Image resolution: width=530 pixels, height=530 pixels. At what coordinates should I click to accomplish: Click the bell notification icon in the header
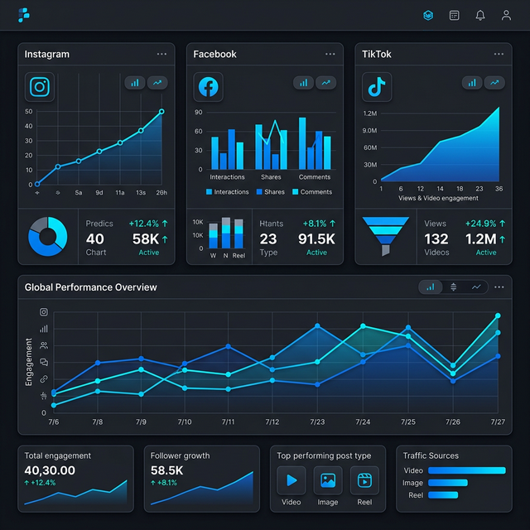coord(480,15)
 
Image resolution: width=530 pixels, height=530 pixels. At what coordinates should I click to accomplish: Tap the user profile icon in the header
coord(506,15)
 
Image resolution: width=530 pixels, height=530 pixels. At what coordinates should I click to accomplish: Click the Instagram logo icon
coord(39,87)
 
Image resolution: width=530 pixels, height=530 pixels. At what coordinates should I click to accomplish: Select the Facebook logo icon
coord(208,87)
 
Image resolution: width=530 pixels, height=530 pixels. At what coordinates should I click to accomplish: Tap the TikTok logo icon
coord(377,87)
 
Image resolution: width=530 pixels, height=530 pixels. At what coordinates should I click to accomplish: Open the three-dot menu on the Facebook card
coord(330,54)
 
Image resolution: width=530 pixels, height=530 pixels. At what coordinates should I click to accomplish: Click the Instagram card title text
coord(47,54)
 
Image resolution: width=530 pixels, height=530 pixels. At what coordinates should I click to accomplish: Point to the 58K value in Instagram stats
coord(145,238)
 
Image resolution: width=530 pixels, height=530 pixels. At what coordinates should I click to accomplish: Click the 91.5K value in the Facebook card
coord(316,238)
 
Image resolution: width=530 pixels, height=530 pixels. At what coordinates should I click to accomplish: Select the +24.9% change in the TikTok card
coord(480,224)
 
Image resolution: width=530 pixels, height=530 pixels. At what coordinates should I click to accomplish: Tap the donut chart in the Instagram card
coord(47,236)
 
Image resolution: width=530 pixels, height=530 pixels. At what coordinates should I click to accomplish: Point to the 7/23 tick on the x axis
coord(317,422)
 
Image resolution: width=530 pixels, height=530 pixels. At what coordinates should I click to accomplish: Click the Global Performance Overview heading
coord(90,287)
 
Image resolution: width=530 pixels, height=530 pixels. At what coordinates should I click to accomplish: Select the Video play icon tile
coord(291,480)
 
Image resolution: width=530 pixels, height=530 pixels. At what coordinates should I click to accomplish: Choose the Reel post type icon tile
coord(364,480)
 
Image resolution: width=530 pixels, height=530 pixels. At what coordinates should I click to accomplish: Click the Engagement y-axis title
coord(29,362)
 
